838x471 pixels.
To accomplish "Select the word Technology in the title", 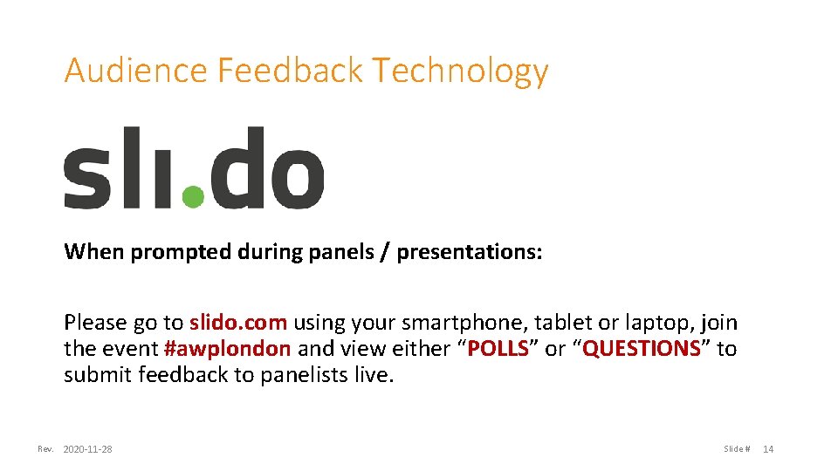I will pyautogui.click(x=460, y=71).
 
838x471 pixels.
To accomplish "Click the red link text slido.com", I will pyautogui.click(x=238, y=323).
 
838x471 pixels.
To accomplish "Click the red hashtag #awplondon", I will pyautogui.click(x=227, y=350).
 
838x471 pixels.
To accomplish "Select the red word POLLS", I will pyautogui.click(x=498, y=350).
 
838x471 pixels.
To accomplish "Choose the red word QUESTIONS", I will pyautogui.click(x=642, y=350).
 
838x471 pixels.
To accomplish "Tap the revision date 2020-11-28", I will pyautogui.click(x=87, y=449).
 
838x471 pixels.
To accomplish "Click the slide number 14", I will pyautogui.click(x=768, y=449).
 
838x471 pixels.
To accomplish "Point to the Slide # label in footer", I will pyautogui.click(x=736, y=449).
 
